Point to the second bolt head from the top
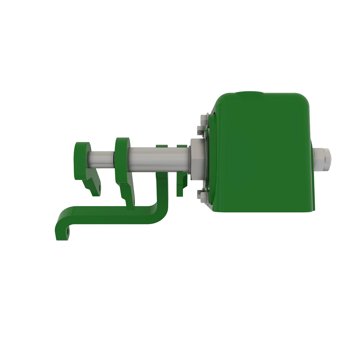tap(200, 130)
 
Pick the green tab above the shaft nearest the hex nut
tap(182, 146)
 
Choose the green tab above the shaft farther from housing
tap(162, 146)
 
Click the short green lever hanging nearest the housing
tap(181, 186)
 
